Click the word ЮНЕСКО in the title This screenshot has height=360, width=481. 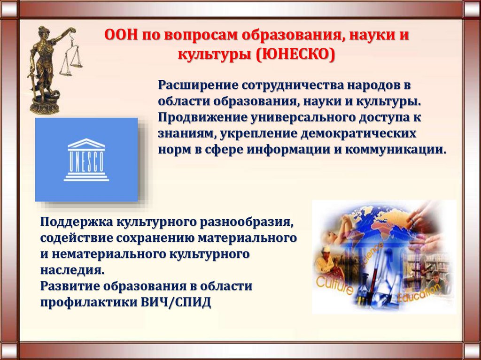pos(294,55)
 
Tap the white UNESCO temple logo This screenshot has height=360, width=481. pos(86,160)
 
